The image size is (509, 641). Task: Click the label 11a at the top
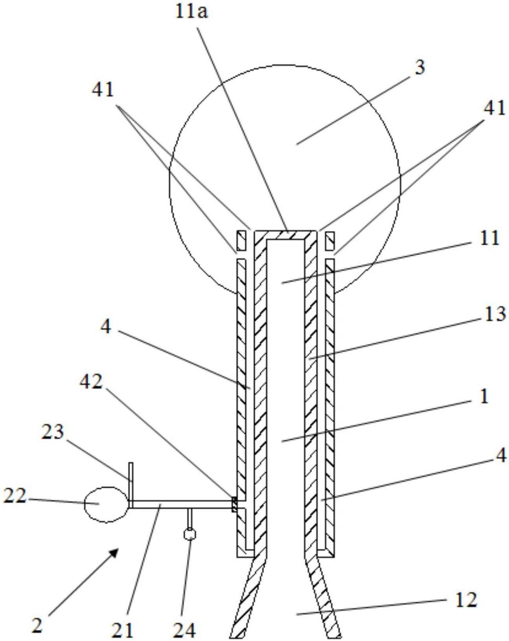click(191, 13)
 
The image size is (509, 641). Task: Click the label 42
click(91, 382)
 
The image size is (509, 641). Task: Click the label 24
click(185, 629)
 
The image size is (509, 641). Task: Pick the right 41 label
click(494, 108)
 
